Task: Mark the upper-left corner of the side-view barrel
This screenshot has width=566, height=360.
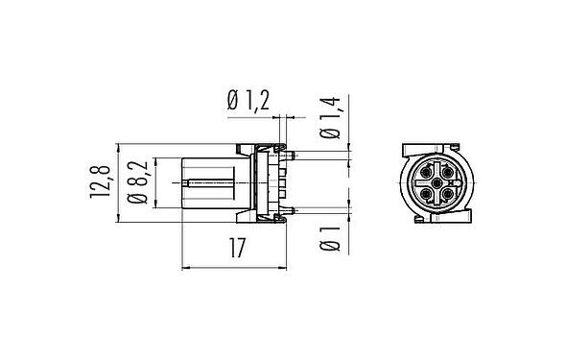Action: [x=182, y=155]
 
